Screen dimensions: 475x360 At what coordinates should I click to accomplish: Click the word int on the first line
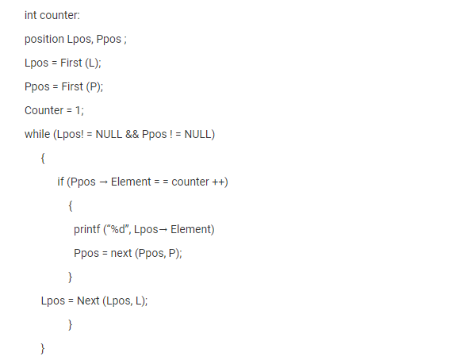click(x=31, y=15)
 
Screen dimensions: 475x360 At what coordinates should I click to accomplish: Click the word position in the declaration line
click(x=44, y=39)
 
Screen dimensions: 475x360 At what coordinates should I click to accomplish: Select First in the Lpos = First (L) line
click(x=71, y=63)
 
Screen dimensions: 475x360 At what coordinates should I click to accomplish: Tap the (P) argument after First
click(x=94, y=86)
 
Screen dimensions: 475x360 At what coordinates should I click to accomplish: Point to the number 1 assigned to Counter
click(x=78, y=110)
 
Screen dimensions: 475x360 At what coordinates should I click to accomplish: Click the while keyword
click(x=37, y=134)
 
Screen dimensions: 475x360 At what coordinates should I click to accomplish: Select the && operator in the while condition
click(x=132, y=134)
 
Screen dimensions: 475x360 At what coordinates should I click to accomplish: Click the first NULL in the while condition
click(x=109, y=134)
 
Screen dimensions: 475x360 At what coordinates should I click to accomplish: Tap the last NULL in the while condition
click(x=197, y=134)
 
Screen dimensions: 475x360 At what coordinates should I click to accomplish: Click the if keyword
click(x=60, y=182)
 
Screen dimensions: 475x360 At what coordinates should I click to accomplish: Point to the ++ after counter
click(x=218, y=182)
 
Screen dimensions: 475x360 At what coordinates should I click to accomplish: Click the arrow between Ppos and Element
click(x=103, y=182)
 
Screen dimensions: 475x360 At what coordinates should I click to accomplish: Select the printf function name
click(x=87, y=229)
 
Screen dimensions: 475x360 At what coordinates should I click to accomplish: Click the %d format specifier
click(x=118, y=229)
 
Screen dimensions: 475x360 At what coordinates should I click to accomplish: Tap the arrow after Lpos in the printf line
click(x=163, y=230)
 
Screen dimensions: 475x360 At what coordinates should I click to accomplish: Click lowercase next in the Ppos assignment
click(x=121, y=253)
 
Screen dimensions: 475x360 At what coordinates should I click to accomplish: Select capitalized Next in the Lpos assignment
click(x=88, y=301)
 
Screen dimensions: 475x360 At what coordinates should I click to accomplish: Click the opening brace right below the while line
click(x=43, y=158)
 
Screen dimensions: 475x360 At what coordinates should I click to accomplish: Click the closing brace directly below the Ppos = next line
click(x=70, y=277)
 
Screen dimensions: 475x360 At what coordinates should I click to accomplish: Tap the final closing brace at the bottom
click(x=43, y=348)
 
